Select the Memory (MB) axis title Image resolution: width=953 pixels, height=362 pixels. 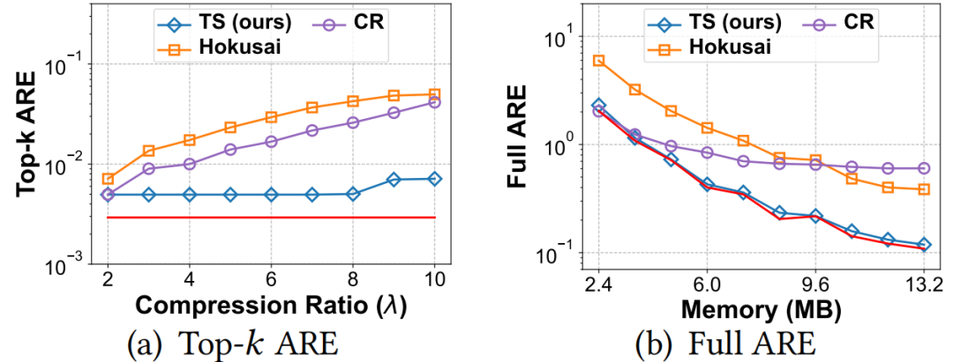(761, 310)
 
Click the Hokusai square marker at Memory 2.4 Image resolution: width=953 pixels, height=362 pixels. (598, 61)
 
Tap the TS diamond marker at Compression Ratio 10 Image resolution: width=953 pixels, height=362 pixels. (434, 179)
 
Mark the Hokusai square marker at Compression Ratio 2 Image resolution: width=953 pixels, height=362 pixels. (108, 179)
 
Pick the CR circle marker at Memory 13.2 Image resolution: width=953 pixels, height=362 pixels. (924, 168)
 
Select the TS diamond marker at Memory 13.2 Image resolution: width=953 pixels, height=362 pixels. (924, 245)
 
